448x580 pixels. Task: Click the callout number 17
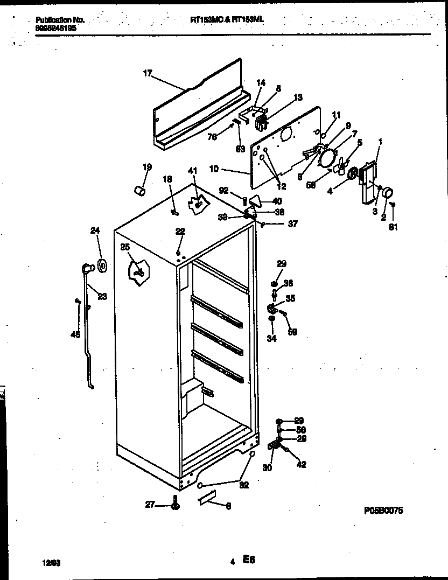click(x=147, y=74)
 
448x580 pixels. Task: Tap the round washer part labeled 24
click(x=101, y=265)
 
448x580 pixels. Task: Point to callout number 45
click(x=75, y=334)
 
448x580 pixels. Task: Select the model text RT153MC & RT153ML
click(x=227, y=19)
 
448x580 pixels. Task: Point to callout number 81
click(x=393, y=227)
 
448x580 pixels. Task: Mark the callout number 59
click(x=292, y=332)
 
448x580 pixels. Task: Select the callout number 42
click(x=302, y=464)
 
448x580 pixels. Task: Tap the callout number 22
click(x=180, y=231)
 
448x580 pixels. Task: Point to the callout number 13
click(x=297, y=97)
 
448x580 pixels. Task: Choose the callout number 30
click(x=267, y=467)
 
